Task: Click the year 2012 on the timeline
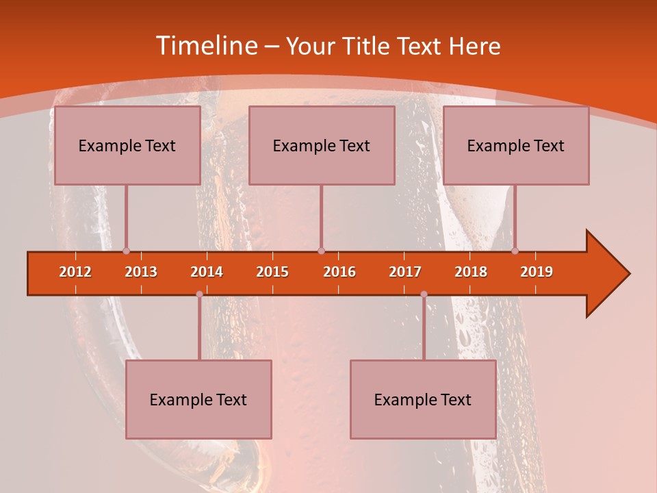pos(75,272)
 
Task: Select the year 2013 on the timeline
pos(141,272)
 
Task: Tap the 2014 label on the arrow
pos(207,272)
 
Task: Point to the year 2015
pos(272,272)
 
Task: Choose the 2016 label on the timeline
pos(339,272)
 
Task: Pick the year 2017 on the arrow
pos(405,272)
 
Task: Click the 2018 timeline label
pos(471,272)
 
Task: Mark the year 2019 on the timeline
pos(537,272)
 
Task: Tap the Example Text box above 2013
pos(127,145)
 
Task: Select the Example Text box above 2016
pos(322,145)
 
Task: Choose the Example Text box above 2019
pos(516,145)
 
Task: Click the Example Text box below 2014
pos(198,399)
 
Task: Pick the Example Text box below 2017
pos(423,399)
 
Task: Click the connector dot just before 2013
pos(126,251)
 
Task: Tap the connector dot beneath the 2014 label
pos(199,294)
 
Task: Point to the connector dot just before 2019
pos(515,251)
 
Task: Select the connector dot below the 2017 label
pos(424,294)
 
